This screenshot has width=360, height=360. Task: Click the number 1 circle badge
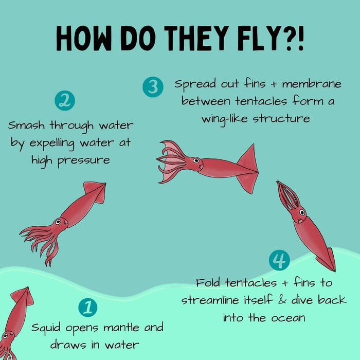tap(88, 308)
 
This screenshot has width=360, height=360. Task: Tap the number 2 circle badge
tap(65, 101)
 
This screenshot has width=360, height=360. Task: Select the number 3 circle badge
tap(153, 87)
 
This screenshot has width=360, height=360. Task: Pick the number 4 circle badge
tap(279, 260)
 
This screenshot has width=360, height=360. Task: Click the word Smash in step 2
tap(26, 125)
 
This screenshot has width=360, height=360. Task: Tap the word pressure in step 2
tap(83, 160)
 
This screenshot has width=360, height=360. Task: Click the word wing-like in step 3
tap(225, 119)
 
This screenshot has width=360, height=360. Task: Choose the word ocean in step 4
tap(289, 318)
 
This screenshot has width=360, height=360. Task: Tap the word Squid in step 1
tap(46, 328)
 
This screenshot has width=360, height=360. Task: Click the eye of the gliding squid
tap(196, 160)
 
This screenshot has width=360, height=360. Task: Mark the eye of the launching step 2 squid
tap(58, 222)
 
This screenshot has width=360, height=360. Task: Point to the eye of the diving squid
tap(302, 212)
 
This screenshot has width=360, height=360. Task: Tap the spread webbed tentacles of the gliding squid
tap(172, 161)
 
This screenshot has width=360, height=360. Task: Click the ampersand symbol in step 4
tap(282, 300)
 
